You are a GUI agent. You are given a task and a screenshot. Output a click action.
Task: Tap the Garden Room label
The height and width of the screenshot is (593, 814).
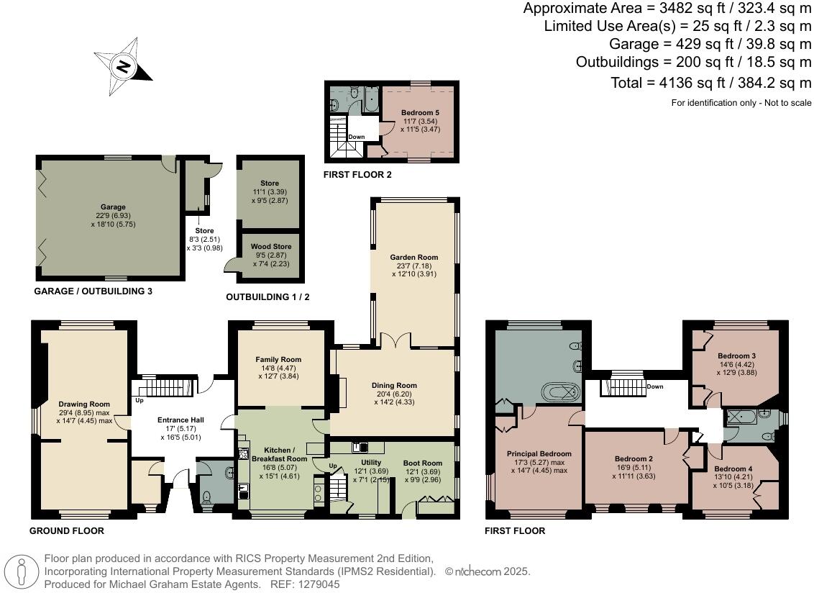(x=413, y=257)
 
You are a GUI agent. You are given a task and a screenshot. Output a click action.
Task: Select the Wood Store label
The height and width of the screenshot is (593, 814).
(x=271, y=246)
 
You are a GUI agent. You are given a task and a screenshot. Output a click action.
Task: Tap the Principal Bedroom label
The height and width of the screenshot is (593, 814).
(x=539, y=453)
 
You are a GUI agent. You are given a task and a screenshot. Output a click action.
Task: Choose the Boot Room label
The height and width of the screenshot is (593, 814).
(x=422, y=463)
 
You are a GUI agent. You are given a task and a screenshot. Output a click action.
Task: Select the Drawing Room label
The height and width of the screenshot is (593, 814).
(x=84, y=404)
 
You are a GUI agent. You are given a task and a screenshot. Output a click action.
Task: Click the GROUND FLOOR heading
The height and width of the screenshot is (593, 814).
(x=66, y=531)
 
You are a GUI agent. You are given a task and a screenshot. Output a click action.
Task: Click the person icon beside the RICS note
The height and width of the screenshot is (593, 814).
(x=24, y=571)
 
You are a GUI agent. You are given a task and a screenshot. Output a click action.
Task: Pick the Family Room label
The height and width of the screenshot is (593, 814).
(x=278, y=359)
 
